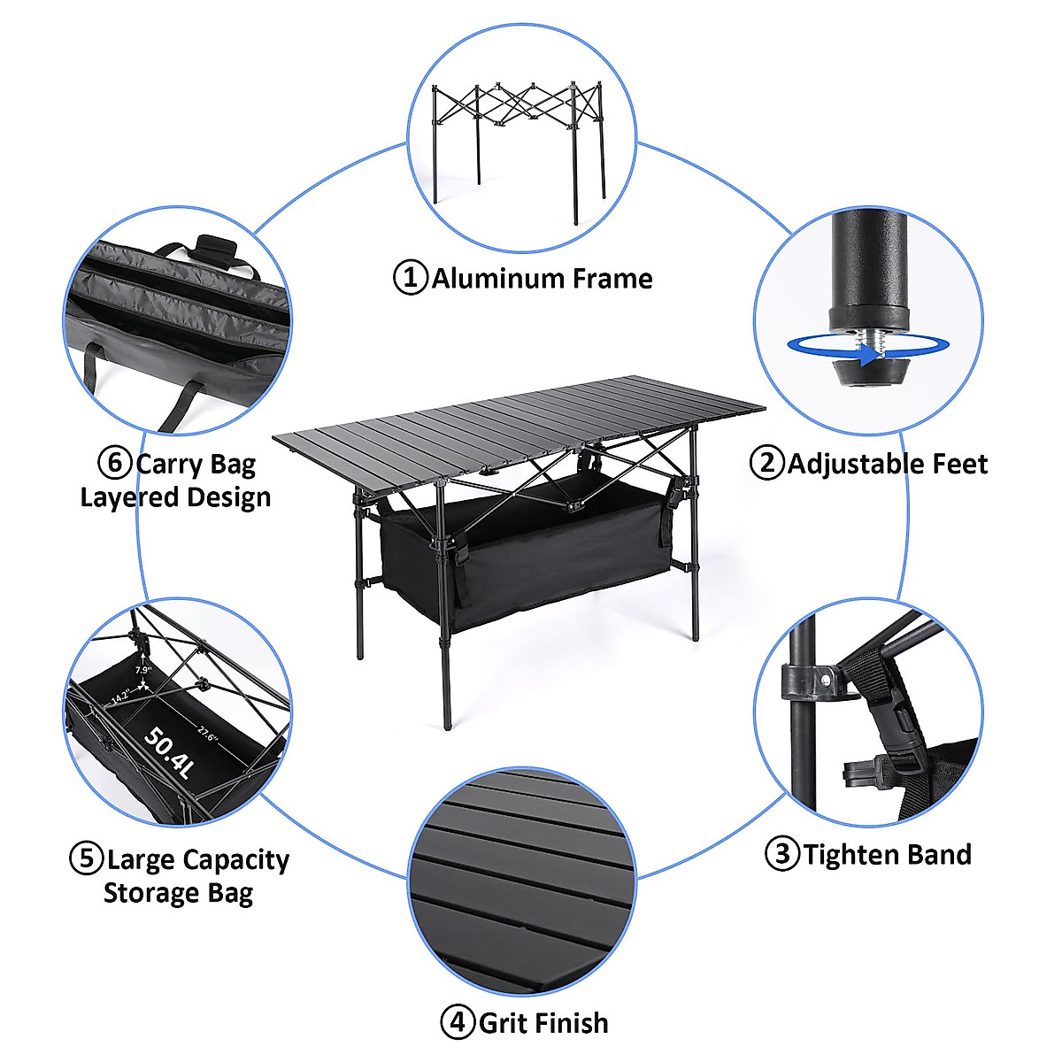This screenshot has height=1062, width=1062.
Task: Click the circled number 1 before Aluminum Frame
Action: point(410,278)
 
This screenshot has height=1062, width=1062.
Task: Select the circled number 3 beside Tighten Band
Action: point(781,854)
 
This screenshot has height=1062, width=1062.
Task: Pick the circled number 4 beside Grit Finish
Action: point(458,1023)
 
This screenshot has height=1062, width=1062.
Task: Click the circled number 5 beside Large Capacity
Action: point(86,859)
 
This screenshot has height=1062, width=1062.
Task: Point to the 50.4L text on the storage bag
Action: point(169,752)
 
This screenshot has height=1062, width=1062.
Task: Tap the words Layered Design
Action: point(175,497)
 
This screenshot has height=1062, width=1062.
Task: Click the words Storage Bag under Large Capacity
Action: point(178,893)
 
